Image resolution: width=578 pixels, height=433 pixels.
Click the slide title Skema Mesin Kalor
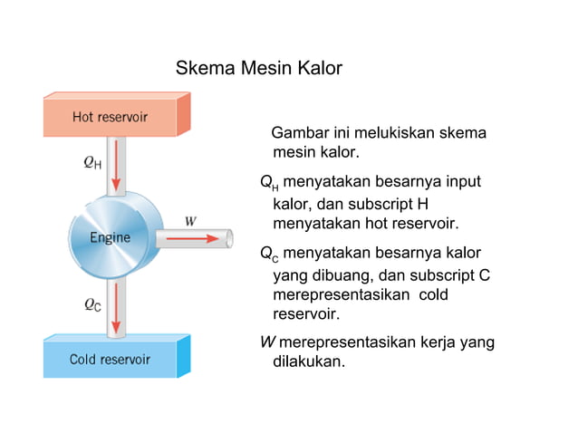[x=258, y=69]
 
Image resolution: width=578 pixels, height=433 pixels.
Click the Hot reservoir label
[x=110, y=117]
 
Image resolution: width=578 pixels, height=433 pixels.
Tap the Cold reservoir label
[x=110, y=360]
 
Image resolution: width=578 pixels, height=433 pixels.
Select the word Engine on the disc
[x=110, y=238]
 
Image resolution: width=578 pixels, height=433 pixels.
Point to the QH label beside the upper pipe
[x=92, y=163]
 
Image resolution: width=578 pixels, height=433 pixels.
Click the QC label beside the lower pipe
[x=92, y=305]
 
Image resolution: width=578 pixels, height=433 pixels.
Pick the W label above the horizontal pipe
[x=190, y=220]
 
